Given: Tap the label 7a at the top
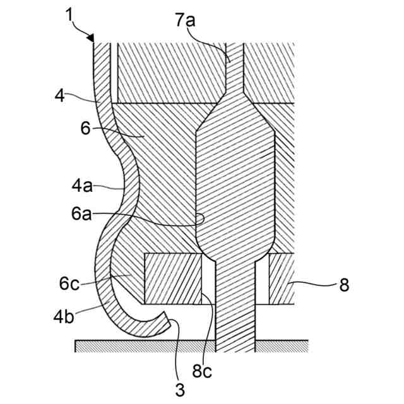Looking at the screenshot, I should pyautogui.click(x=185, y=21).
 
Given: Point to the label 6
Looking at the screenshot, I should pyautogui.click(x=86, y=128).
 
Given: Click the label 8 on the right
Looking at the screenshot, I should pyautogui.click(x=344, y=285).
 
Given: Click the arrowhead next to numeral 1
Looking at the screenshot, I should pyautogui.click(x=92, y=39).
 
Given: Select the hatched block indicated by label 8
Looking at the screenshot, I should pyautogui.click(x=281, y=278).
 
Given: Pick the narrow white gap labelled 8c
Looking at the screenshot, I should pyautogui.click(x=208, y=278).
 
